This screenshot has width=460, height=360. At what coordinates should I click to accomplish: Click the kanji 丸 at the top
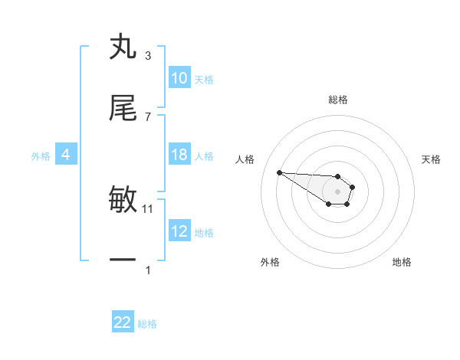tap(123, 47)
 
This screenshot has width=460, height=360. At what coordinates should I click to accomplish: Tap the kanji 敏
tap(123, 200)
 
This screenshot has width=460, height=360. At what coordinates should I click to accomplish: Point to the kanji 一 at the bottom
tap(123, 261)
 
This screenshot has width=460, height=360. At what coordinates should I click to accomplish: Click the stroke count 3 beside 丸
tap(148, 55)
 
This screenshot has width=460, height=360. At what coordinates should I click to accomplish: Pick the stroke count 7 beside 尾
tap(148, 116)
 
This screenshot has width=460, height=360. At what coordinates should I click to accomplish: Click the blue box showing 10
tap(179, 78)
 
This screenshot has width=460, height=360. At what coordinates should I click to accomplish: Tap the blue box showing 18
tap(179, 155)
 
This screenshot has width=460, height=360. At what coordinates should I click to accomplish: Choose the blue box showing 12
tap(179, 231)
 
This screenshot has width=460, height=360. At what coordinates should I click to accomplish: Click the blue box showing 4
tap(65, 155)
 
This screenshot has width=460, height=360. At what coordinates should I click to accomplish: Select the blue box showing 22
tap(123, 322)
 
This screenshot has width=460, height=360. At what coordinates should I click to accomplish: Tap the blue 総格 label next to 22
tap(147, 324)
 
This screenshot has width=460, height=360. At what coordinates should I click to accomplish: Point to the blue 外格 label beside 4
tap(41, 156)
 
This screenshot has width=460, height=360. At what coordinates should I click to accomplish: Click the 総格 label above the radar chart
tap(338, 100)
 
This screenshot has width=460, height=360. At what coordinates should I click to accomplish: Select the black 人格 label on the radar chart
tap(245, 159)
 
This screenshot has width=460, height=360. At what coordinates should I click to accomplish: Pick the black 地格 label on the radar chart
tap(402, 262)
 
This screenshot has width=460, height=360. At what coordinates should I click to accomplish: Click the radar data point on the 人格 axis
tap(279, 172)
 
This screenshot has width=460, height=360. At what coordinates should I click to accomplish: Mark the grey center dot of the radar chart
tap(337, 191)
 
